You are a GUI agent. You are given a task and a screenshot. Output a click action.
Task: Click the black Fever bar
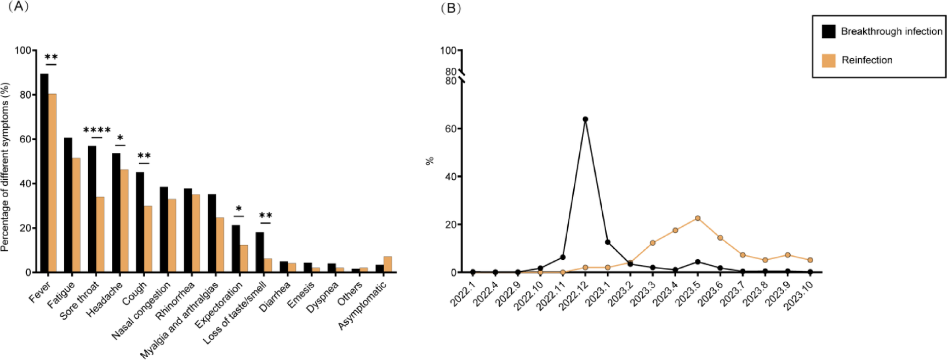click(x=44, y=173)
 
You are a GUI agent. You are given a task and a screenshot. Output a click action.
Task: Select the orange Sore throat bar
click(x=100, y=235)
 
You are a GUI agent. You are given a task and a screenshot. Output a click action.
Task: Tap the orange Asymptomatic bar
click(x=387, y=264)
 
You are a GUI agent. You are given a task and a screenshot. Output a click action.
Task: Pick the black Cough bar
click(x=140, y=222)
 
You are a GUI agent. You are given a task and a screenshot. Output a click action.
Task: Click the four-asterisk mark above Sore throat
click(x=96, y=130)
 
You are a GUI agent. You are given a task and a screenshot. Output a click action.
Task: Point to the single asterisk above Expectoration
click(x=238, y=209)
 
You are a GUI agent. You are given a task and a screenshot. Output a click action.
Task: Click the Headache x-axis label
click(x=105, y=300)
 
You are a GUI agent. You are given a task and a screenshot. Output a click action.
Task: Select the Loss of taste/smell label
click(x=235, y=313)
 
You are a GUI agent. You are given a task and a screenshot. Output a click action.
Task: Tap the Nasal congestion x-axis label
click(x=141, y=311)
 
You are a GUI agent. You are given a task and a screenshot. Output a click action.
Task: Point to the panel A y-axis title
click(x=5, y=167)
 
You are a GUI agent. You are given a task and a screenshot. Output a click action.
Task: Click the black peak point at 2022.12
click(x=585, y=119)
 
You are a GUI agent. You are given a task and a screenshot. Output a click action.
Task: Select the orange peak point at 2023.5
click(x=698, y=218)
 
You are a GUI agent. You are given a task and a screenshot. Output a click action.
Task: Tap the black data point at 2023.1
click(x=608, y=242)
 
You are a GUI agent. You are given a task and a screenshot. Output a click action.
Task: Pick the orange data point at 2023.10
click(x=810, y=260)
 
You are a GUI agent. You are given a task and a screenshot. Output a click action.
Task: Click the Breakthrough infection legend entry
click(x=882, y=31)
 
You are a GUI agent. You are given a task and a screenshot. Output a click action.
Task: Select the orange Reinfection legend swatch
click(x=829, y=60)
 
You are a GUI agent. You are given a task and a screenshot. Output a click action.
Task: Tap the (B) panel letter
click(x=450, y=8)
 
